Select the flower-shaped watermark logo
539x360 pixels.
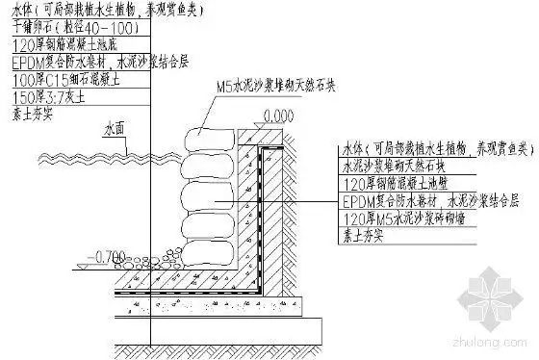click(495, 294)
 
